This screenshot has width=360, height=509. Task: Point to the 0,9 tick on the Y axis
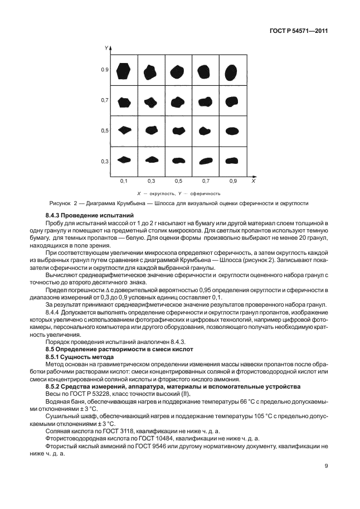[104, 70]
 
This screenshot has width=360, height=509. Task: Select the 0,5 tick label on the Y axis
[104, 130]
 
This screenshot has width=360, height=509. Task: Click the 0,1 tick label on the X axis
[123, 182]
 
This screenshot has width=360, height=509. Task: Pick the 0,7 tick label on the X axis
[206, 182]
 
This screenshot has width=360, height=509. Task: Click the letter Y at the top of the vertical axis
[105, 49]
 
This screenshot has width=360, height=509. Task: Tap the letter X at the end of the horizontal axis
[252, 182]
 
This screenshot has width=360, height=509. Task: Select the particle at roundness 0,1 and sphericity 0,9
[124, 71]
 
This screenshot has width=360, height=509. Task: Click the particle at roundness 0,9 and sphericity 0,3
[232, 161]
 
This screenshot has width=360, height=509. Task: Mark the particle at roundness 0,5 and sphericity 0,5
[178, 130]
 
